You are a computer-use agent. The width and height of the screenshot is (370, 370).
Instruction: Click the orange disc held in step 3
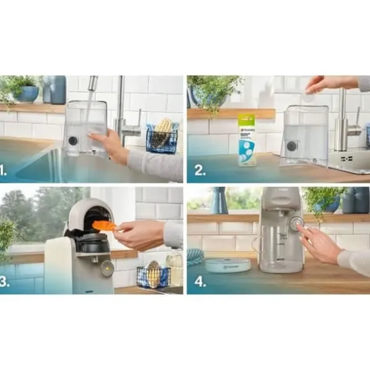tap(104, 225)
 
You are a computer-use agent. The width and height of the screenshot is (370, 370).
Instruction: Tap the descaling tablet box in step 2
tap(246, 140)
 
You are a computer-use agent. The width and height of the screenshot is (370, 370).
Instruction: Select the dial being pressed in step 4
tap(296, 223)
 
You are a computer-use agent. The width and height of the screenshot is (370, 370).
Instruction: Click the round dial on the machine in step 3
tap(107, 268)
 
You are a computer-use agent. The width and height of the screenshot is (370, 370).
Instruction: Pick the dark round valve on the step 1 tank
tap(73, 140)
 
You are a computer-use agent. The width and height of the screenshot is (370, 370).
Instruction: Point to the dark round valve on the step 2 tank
tap(292, 145)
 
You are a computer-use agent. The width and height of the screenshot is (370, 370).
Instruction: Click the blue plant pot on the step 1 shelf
tap(27, 93)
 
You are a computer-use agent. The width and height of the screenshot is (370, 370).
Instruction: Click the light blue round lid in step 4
tap(228, 264)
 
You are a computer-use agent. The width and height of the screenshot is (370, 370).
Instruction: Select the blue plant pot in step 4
tap(330, 204)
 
